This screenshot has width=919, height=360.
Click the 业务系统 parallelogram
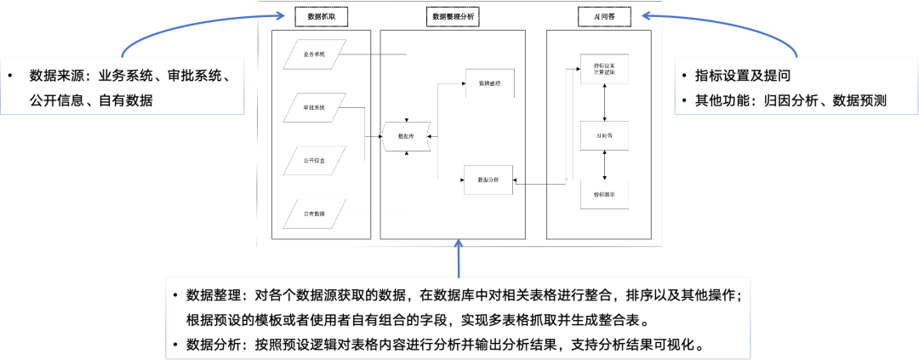(315, 54)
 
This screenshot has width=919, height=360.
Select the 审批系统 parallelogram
(315, 108)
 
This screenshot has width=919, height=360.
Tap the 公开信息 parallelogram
(315, 161)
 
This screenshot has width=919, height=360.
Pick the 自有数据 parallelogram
(315, 214)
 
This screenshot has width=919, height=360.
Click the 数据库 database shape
(406, 136)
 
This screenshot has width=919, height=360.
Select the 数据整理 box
(489, 83)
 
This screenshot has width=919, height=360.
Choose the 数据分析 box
(488, 180)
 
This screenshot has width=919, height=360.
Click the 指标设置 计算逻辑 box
(604, 68)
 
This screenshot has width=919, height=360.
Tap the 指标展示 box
(604, 194)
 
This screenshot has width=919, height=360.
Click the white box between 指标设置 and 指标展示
(604, 135)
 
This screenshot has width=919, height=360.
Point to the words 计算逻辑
(604, 72)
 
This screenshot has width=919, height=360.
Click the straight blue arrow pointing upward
(459, 260)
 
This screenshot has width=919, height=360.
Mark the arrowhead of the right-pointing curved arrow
(282, 14)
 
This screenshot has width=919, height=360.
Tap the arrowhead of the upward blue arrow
(459, 243)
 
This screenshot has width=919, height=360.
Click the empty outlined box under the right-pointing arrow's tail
(123, 86)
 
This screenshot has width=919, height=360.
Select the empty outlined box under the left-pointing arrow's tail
(796, 86)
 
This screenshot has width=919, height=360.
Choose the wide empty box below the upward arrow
(458, 318)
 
